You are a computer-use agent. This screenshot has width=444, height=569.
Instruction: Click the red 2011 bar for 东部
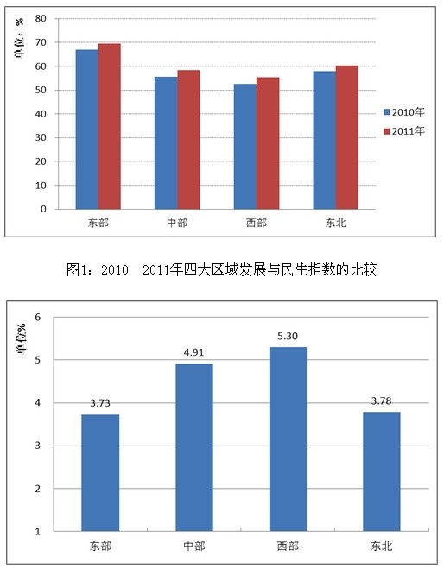point(110,126)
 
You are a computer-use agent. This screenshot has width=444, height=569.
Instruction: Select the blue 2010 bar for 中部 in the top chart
point(166,143)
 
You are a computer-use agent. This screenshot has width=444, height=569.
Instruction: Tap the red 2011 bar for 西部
point(268,143)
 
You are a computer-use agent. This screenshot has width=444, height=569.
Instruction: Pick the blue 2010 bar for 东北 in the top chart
point(325,140)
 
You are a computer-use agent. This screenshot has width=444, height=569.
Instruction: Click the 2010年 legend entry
point(404,112)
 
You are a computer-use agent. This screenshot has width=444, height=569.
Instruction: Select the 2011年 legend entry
point(404,131)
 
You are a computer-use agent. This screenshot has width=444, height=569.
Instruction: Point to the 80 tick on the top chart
point(41,18)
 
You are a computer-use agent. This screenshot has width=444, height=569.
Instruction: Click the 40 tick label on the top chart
point(41,114)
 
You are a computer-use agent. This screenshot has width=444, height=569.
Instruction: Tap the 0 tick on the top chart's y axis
point(43,210)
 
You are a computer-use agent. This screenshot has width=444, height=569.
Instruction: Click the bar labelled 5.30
point(288,439)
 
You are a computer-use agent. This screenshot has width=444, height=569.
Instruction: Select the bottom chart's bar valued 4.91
point(194,447)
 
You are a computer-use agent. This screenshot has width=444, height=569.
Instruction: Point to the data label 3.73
point(100,403)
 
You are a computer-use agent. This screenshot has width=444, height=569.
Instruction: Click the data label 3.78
point(381,401)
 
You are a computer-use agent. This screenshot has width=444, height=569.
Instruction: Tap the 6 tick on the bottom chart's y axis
point(38,317)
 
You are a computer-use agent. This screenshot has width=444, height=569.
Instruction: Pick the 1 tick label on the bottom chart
point(38,532)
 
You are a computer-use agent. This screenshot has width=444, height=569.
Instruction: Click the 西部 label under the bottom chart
point(288,546)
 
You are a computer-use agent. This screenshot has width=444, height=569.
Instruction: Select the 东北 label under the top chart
point(336,223)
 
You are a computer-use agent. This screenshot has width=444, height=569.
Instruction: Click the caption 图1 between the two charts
point(75,269)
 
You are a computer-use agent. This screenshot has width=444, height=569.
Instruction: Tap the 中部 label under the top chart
point(177,223)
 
